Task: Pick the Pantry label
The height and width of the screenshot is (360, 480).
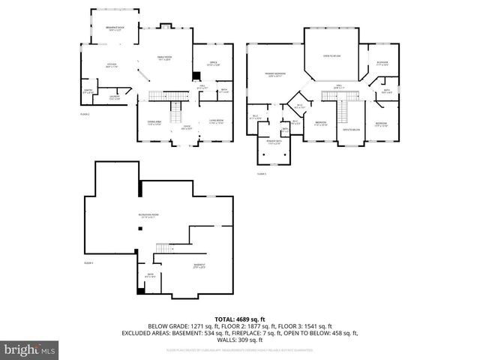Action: (88, 92)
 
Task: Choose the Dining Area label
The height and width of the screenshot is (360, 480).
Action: (154, 121)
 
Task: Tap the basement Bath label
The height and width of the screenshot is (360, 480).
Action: (149, 276)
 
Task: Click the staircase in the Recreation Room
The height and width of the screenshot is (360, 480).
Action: (163, 248)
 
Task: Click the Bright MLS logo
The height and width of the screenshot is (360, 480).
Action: (30, 349)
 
